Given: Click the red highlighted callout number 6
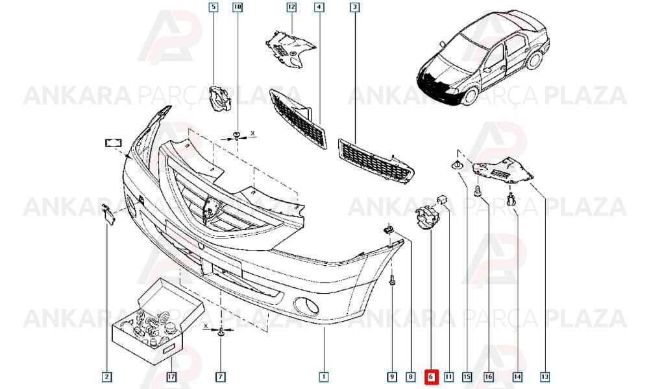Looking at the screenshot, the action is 430,377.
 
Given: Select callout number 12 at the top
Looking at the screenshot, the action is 292,7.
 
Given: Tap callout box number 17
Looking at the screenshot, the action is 171,377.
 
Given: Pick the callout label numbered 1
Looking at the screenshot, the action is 324,377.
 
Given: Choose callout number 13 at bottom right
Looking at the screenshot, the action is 545,377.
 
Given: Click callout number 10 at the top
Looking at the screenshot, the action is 237,7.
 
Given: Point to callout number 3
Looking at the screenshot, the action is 355,7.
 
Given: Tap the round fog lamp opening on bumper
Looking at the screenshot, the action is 306,307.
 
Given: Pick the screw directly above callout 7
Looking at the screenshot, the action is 221,331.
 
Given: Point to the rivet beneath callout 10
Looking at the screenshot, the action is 237,136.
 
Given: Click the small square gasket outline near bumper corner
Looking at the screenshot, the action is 113,143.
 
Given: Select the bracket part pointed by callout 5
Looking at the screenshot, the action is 219,98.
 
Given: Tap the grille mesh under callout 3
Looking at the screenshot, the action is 376,161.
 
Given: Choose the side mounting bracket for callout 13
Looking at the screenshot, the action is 502,170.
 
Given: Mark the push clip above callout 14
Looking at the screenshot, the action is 511,200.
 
